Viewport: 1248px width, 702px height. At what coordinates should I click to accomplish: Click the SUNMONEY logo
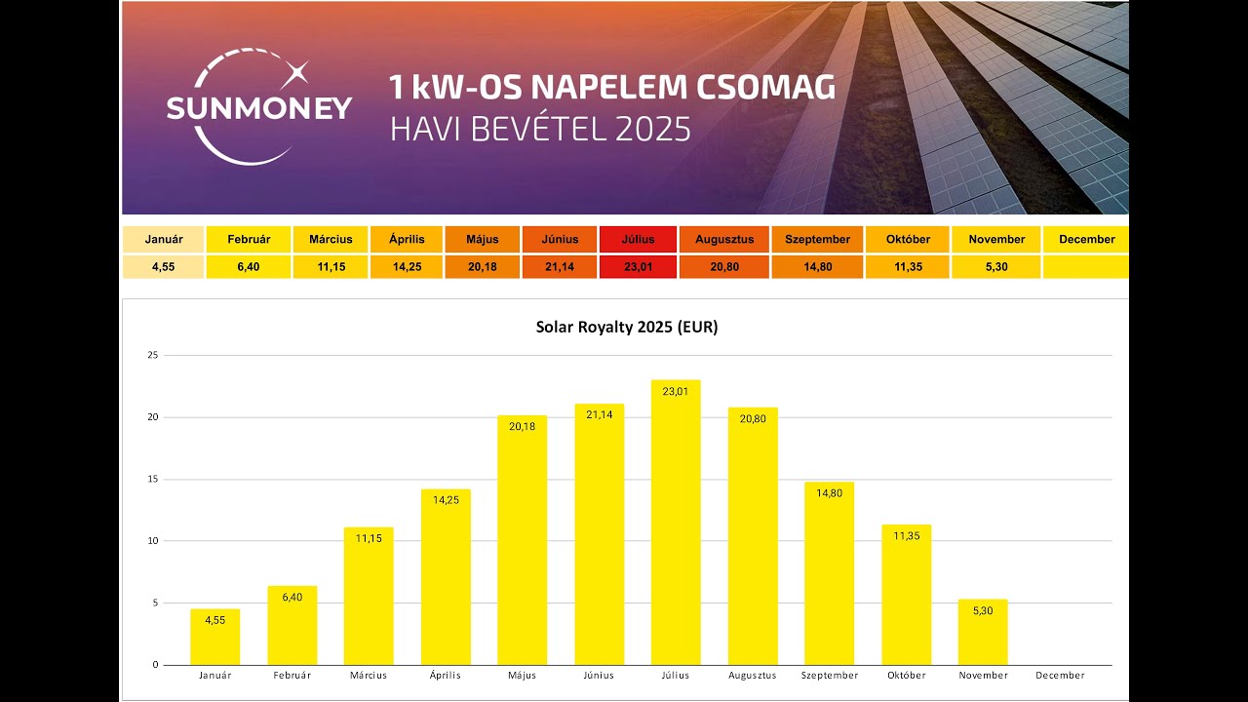point(258,107)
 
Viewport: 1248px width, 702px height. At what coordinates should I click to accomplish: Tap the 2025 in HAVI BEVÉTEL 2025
point(652,129)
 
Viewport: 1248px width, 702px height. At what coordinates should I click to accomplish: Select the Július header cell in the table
point(638,239)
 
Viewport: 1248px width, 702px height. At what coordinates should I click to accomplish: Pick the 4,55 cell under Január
point(163,266)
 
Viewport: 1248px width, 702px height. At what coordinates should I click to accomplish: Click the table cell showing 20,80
point(724,266)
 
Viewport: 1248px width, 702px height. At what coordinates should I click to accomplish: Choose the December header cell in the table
point(1086,239)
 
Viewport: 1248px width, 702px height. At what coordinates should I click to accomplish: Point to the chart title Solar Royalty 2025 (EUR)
point(626,328)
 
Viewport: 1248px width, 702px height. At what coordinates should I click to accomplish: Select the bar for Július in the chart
point(676,526)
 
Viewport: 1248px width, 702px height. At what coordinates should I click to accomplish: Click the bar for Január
point(214,639)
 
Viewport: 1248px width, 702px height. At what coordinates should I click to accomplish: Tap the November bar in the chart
point(983,634)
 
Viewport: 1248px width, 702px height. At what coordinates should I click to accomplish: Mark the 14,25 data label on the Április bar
point(446,500)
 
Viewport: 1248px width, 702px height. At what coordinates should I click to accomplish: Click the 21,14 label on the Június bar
point(599,414)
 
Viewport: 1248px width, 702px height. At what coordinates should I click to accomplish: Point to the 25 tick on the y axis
point(152,355)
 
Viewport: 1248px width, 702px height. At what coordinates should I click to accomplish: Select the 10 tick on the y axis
point(152,541)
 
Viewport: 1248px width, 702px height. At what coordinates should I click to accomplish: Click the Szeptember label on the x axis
point(829,675)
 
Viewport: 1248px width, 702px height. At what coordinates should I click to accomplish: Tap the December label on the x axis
point(1060,675)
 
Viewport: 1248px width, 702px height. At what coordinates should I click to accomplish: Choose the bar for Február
point(292,627)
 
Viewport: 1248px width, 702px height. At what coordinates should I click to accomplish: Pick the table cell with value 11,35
point(907,266)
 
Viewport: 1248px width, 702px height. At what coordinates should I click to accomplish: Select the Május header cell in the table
point(482,239)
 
